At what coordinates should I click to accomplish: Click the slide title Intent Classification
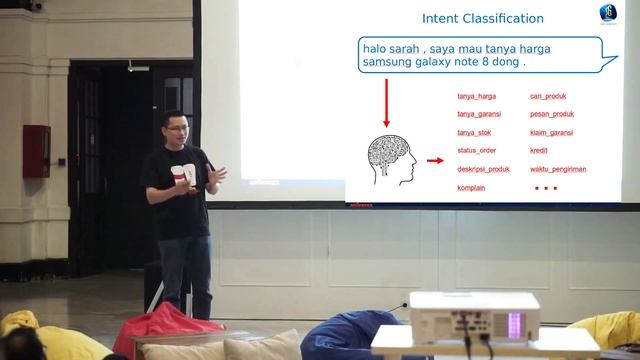pyautogui.click(x=482, y=19)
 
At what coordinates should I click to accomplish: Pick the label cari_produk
pyautogui.click(x=548, y=96)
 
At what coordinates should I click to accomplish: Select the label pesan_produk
pyautogui.click(x=552, y=114)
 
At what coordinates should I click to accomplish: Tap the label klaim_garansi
pyautogui.click(x=552, y=132)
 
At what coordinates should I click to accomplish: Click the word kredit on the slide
pyautogui.click(x=540, y=150)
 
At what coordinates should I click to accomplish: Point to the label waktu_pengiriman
pyautogui.click(x=557, y=169)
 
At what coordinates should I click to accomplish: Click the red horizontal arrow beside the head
pyautogui.click(x=434, y=160)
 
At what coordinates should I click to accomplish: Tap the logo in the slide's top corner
pyautogui.click(x=607, y=13)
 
